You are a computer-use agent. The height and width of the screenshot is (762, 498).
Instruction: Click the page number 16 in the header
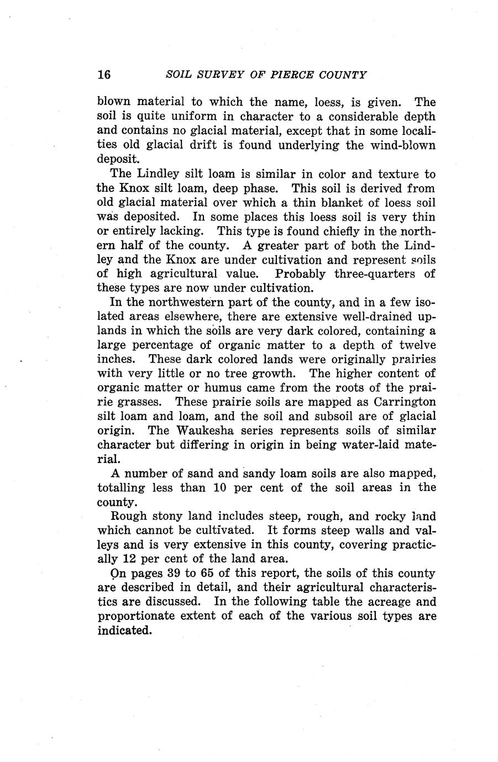point(104,75)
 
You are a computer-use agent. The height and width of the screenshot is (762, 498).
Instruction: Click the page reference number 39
point(175,573)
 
